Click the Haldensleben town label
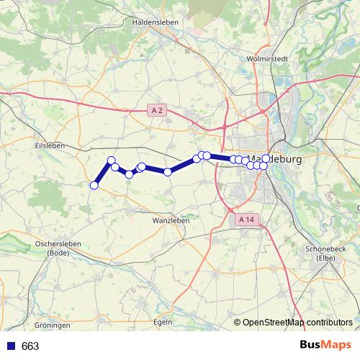pos(155,22)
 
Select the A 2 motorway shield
pos(158,110)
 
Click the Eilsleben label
pos(50,145)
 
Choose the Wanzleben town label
pos(171,220)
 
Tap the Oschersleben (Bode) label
pos(57,248)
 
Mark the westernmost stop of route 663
pos(94,186)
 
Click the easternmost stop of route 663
pos(266,158)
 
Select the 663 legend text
pos(30,346)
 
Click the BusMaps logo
pos(324,346)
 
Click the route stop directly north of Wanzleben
pos(168,171)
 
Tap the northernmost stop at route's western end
pos(112,160)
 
